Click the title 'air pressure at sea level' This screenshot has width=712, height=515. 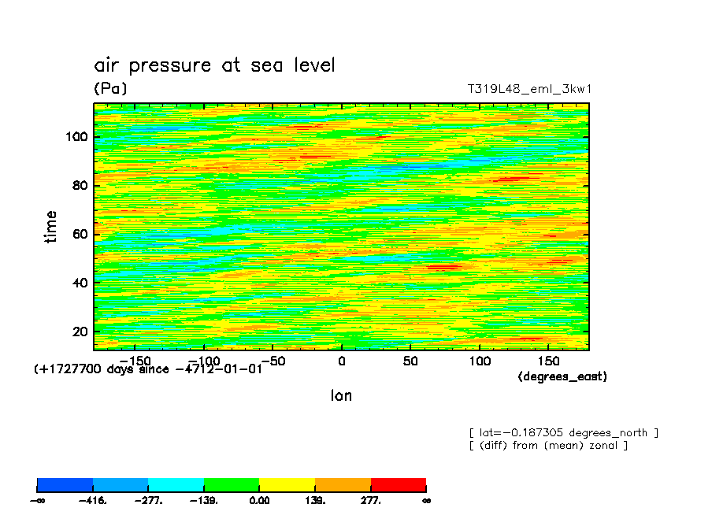click(x=214, y=65)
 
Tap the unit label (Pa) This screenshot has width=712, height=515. click(x=110, y=89)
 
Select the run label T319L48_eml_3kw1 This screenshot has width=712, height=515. click(x=529, y=89)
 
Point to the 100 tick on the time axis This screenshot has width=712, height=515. click(x=78, y=137)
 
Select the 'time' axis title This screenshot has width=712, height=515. click(x=51, y=227)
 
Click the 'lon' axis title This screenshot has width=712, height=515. click(x=341, y=395)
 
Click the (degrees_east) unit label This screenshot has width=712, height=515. click(x=562, y=377)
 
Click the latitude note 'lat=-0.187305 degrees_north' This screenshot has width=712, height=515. click(x=562, y=432)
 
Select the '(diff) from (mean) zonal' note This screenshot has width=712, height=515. click(x=547, y=446)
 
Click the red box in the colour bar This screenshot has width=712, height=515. click(x=398, y=484)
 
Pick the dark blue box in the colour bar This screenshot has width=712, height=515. click(x=65, y=484)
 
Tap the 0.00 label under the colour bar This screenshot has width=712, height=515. click(x=259, y=500)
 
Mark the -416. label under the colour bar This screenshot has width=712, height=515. click(x=93, y=500)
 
